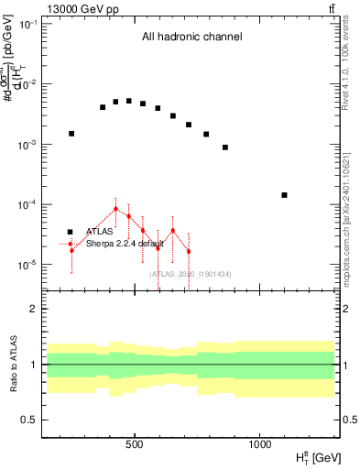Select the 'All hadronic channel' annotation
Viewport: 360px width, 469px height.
coord(191,38)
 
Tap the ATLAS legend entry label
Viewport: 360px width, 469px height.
coord(99,232)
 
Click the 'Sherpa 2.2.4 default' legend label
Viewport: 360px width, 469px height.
coord(125,244)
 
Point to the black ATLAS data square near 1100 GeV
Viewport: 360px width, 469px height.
coord(284,195)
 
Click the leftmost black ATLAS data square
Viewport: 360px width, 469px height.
coord(71,134)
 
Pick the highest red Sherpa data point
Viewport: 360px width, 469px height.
coord(115,209)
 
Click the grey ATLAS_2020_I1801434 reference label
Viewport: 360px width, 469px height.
coord(191,274)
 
